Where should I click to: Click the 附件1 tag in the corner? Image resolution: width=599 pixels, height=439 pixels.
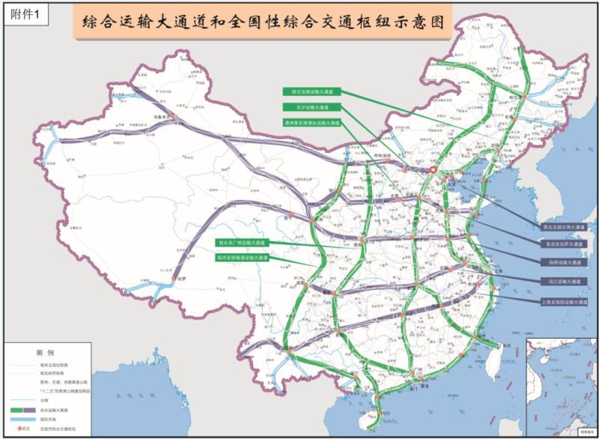click(x=25, y=18)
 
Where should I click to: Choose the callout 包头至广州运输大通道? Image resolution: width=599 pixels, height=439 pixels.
click(x=241, y=243)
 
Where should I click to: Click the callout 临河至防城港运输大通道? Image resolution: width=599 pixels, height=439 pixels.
click(x=241, y=257)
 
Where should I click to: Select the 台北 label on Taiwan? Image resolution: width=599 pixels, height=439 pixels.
click(x=507, y=345)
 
